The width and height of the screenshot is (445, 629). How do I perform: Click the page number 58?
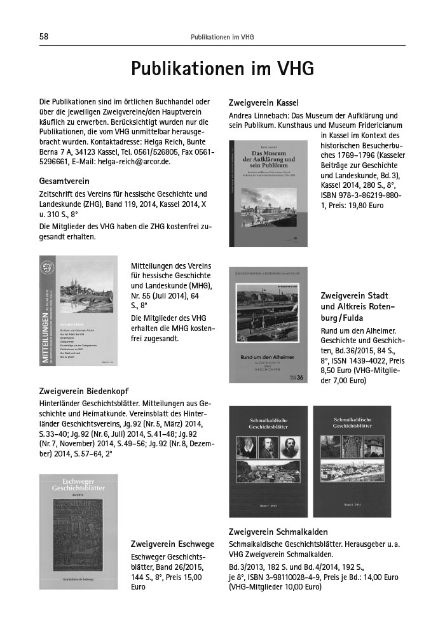point(44,37)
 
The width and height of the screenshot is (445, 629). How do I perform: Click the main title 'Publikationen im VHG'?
point(222,69)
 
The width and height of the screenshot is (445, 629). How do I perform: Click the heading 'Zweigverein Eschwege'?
point(172,544)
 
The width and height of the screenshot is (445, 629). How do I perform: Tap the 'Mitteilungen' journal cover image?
point(78,310)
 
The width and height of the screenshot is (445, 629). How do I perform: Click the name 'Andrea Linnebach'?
point(257,116)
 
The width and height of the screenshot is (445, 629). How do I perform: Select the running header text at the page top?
point(222,37)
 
